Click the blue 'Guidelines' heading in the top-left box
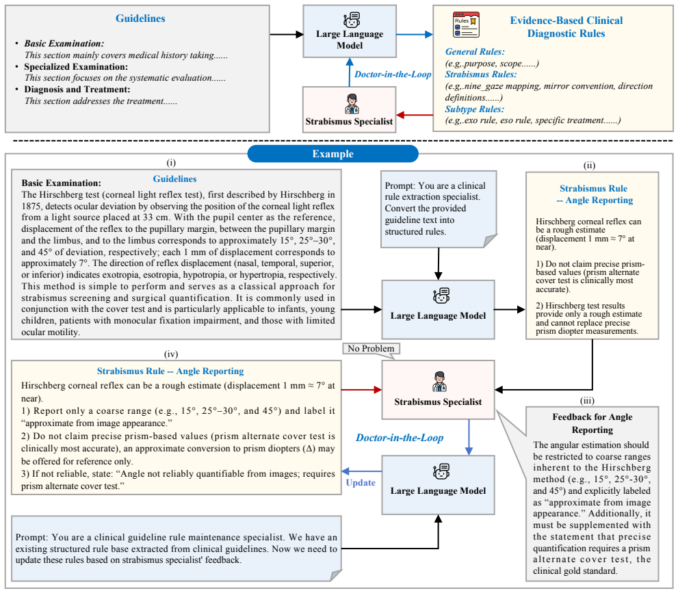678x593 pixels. coord(140,18)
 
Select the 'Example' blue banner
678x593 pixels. coord(333,154)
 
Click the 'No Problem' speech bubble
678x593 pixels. coord(371,350)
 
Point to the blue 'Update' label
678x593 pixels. coord(361,483)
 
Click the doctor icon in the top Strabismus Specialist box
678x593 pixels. coord(352,104)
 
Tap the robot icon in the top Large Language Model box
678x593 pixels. coord(352,20)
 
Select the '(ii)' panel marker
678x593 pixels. coord(589,165)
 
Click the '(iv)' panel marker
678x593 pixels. coord(171,354)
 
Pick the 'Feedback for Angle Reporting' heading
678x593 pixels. coord(592,423)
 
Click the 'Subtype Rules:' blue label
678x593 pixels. coord(474,109)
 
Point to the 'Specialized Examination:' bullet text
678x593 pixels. coord(76,66)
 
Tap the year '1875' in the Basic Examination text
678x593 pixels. coord(31,206)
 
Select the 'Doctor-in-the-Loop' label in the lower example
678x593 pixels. coord(400,438)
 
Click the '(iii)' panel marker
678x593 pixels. coord(587,401)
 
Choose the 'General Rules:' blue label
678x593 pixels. coord(475,52)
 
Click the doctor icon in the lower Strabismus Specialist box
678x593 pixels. coord(439,382)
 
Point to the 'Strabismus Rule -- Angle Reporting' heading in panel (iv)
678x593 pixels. coord(170,371)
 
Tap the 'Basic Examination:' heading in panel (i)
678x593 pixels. coord(62,183)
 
